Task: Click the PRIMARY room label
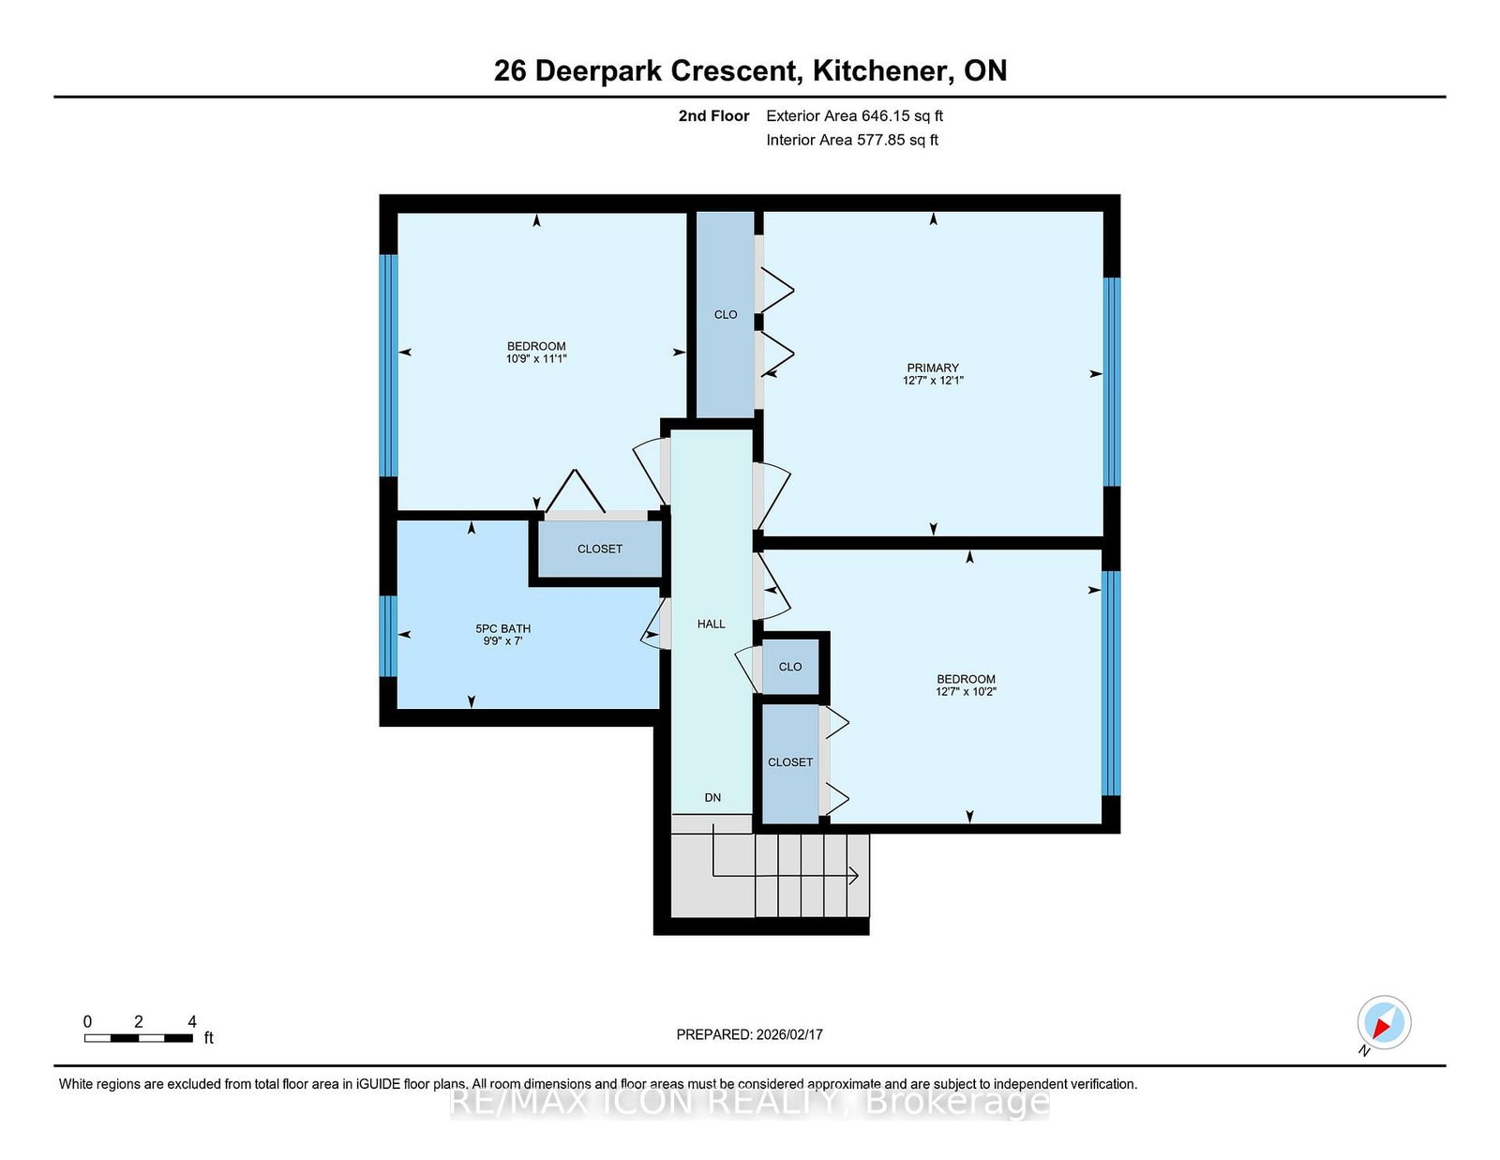(x=933, y=368)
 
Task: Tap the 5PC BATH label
(x=502, y=628)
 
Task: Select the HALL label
(x=711, y=625)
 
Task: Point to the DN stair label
(x=712, y=797)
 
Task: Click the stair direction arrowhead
(x=854, y=876)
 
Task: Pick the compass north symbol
(x=1384, y=1023)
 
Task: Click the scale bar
(x=138, y=1038)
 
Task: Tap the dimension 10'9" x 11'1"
(x=536, y=359)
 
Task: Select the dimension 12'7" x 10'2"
(x=966, y=691)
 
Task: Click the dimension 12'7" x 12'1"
(x=933, y=381)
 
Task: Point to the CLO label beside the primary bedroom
(x=726, y=315)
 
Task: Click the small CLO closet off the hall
(x=790, y=667)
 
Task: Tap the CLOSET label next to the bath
(x=600, y=549)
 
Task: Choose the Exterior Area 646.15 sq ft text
(x=855, y=116)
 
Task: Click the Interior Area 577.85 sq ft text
(x=852, y=140)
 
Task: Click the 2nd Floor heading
(x=713, y=116)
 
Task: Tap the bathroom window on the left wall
(x=389, y=636)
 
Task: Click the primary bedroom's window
(x=1111, y=382)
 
